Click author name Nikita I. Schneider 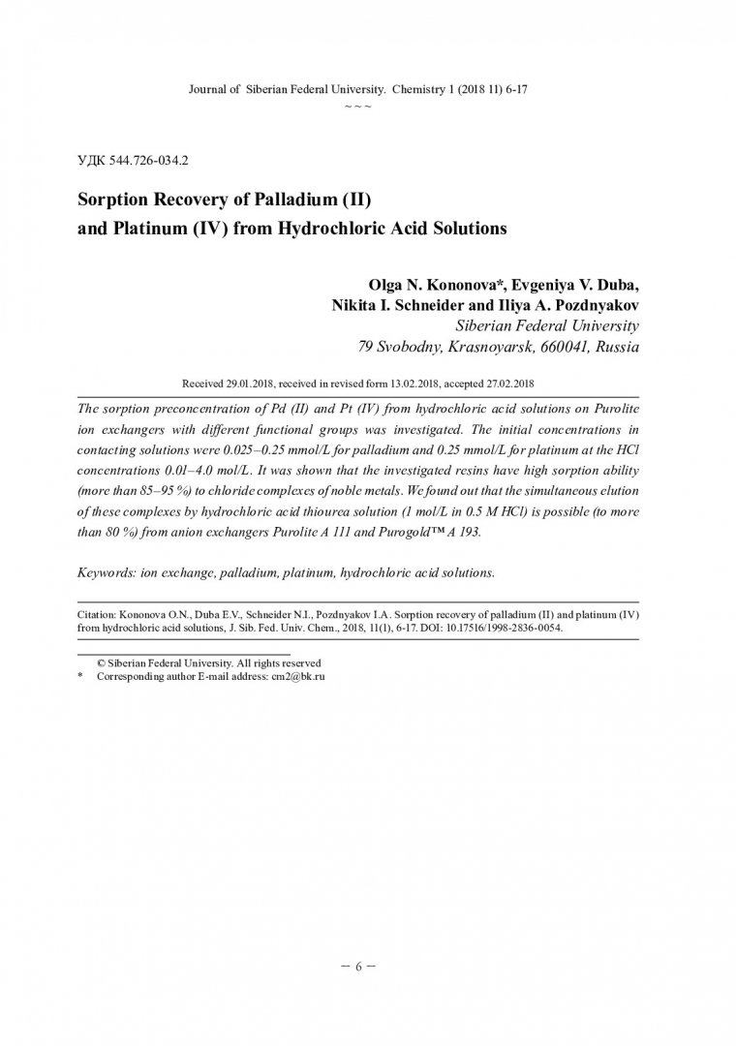coord(407,304)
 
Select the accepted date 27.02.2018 coord(497,384)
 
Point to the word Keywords coord(108,572)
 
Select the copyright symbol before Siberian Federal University coord(100,662)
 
